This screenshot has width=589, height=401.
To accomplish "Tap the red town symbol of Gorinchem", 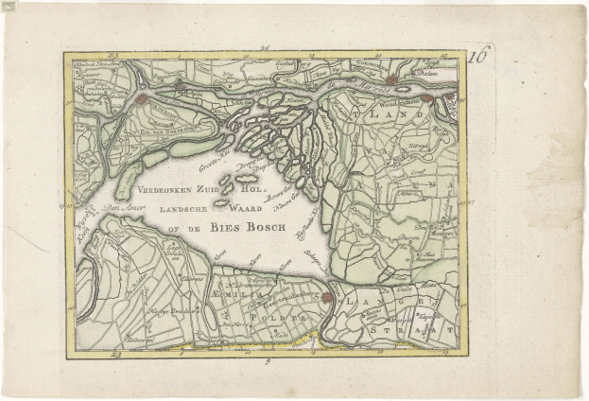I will click(x=391, y=80).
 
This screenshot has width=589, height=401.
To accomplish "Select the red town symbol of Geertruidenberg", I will click(x=327, y=298).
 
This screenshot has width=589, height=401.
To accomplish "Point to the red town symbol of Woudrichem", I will click(x=427, y=98).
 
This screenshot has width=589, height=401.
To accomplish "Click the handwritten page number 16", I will click(x=480, y=56).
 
